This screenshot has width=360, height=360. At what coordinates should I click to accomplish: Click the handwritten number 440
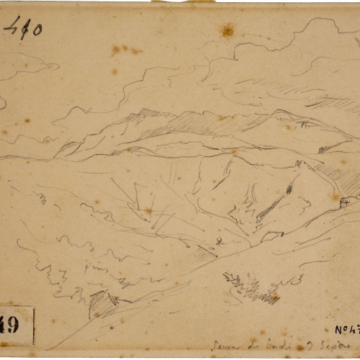[x=22, y=27]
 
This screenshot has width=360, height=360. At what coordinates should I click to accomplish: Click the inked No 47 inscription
[x=346, y=330]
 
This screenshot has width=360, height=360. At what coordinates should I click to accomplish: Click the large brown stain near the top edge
[x=228, y=30]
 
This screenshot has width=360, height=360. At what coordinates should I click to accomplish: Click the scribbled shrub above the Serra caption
[x=248, y=288]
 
